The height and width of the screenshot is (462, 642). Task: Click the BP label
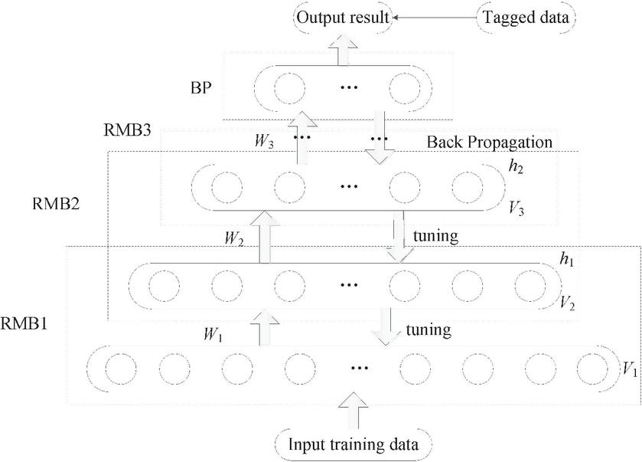tap(203, 87)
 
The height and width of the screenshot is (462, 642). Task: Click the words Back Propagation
tap(490, 143)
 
